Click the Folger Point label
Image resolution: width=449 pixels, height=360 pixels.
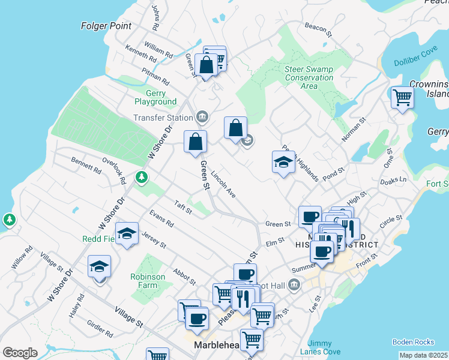coord(107,26)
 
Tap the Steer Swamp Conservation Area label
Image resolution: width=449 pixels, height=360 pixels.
coord(309,77)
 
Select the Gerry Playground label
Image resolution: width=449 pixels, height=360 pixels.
coord(155,98)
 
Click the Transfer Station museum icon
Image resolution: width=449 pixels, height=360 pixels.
coord(202,116)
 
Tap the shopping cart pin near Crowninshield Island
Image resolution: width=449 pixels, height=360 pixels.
coord(402,97)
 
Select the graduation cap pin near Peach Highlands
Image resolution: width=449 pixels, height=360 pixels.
coord(283,161)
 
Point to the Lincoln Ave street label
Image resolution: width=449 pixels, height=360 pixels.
coord(223,185)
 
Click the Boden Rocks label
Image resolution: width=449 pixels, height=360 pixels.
coord(413,342)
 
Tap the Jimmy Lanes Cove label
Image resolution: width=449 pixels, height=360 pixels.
coord(324,348)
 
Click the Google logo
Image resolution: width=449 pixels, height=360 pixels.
coord(20,353)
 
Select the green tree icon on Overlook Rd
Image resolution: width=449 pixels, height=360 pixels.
coord(142,177)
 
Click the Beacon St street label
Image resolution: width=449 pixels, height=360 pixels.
coord(318,28)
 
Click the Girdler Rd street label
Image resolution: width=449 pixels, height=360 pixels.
coord(100,328)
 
